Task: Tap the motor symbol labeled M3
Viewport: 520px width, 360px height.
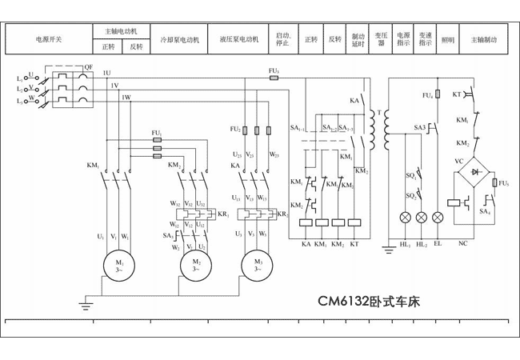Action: coord(258,263)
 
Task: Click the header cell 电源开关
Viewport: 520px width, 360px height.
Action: coord(48,38)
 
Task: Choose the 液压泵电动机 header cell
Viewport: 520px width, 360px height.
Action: coord(238,38)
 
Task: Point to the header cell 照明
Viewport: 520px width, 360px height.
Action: coord(448,38)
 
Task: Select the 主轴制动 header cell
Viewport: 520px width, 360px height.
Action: coord(484,38)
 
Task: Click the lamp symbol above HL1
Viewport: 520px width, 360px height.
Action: coord(405,217)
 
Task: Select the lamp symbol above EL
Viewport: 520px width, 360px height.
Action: coord(437,217)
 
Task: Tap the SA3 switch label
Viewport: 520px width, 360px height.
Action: coord(420,127)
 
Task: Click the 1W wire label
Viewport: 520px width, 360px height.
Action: coord(126,98)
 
